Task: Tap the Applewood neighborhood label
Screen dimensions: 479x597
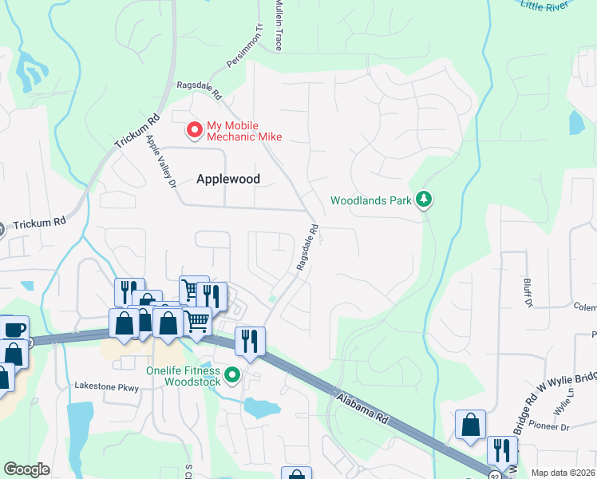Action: click(228, 179)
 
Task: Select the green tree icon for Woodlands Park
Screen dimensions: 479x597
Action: click(425, 200)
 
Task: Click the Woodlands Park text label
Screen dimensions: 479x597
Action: click(372, 200)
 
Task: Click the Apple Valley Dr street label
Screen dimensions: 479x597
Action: click(160, 163)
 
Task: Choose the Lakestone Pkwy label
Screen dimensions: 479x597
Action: click(107, 387)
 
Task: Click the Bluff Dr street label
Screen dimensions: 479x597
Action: click(528, 292)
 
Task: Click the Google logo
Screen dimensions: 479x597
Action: click(26, 469)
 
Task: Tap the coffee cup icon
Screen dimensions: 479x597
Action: click(14, 330)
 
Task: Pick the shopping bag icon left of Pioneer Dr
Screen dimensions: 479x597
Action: click(470, 424)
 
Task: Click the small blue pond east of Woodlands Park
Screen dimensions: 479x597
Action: click(576, 122)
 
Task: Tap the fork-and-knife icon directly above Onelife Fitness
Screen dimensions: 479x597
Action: click(249, 342)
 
